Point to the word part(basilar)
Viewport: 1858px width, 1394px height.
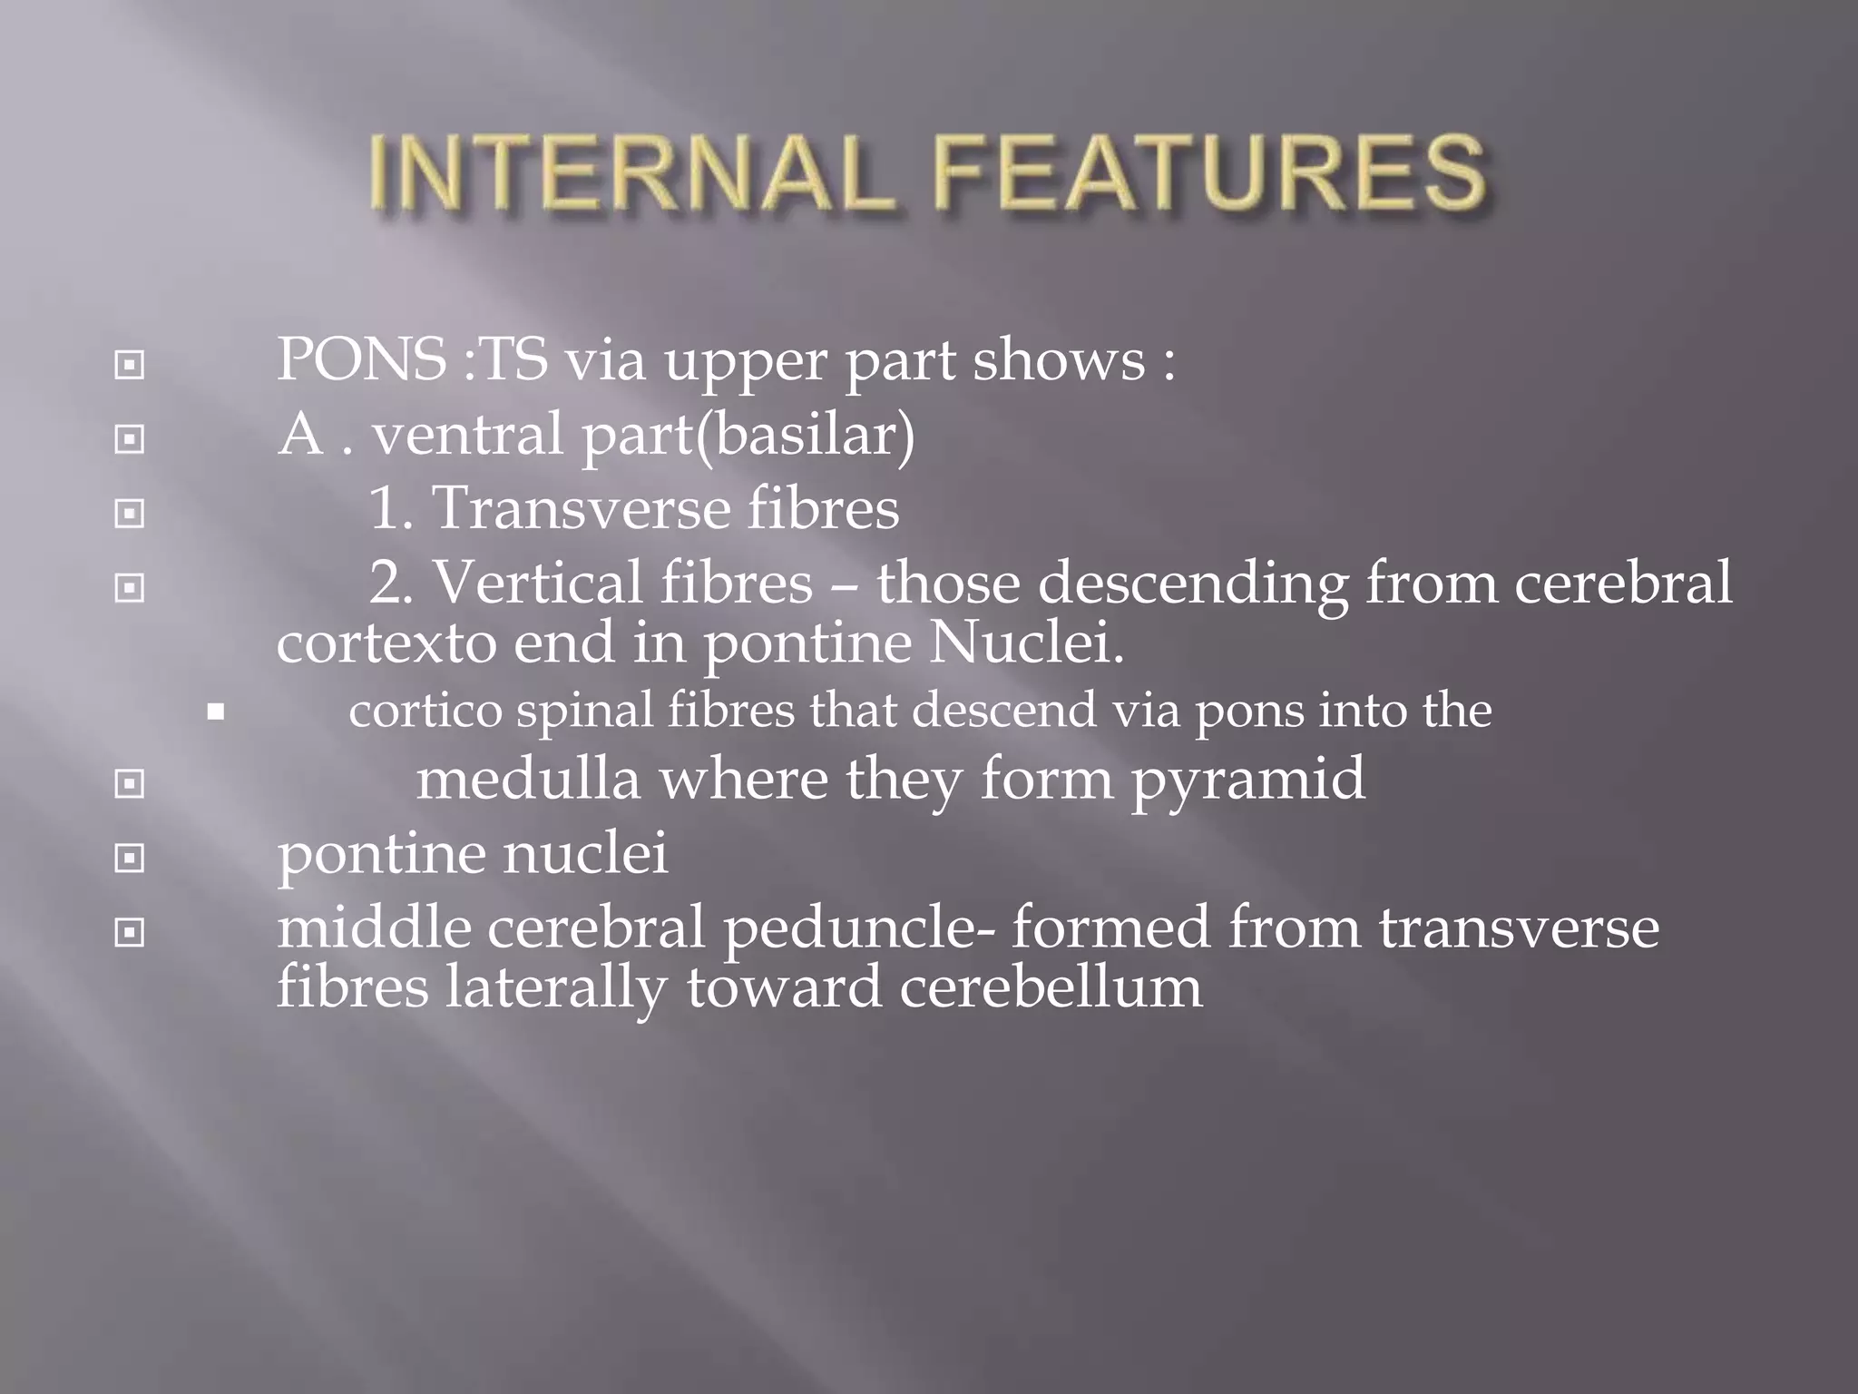point(748,436)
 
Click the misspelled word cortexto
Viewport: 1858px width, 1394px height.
point(386,643)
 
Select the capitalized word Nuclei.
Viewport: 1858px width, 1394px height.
point(1026,643)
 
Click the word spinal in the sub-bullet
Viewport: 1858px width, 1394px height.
point(584,711)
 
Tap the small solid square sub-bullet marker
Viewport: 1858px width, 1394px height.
point(215,712)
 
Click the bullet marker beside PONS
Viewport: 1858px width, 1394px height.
point(130,366)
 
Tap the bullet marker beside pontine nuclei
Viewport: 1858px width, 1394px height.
point(130,858)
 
